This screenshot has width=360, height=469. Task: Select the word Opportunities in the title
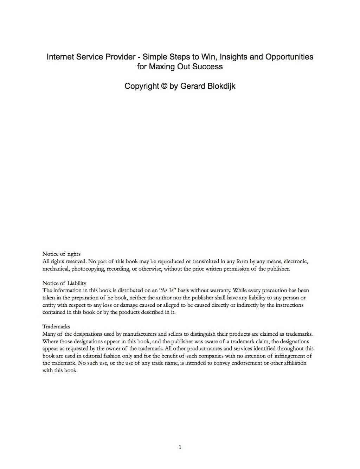point(289,57)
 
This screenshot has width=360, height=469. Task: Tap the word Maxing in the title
point(161,66)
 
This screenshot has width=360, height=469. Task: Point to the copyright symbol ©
point(164,86)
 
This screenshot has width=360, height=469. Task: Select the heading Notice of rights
point(62,254)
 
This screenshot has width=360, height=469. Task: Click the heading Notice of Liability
point(64,283)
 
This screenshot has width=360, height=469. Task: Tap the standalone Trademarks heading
point(56,327)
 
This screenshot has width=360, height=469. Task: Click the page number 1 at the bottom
point(180,447)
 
